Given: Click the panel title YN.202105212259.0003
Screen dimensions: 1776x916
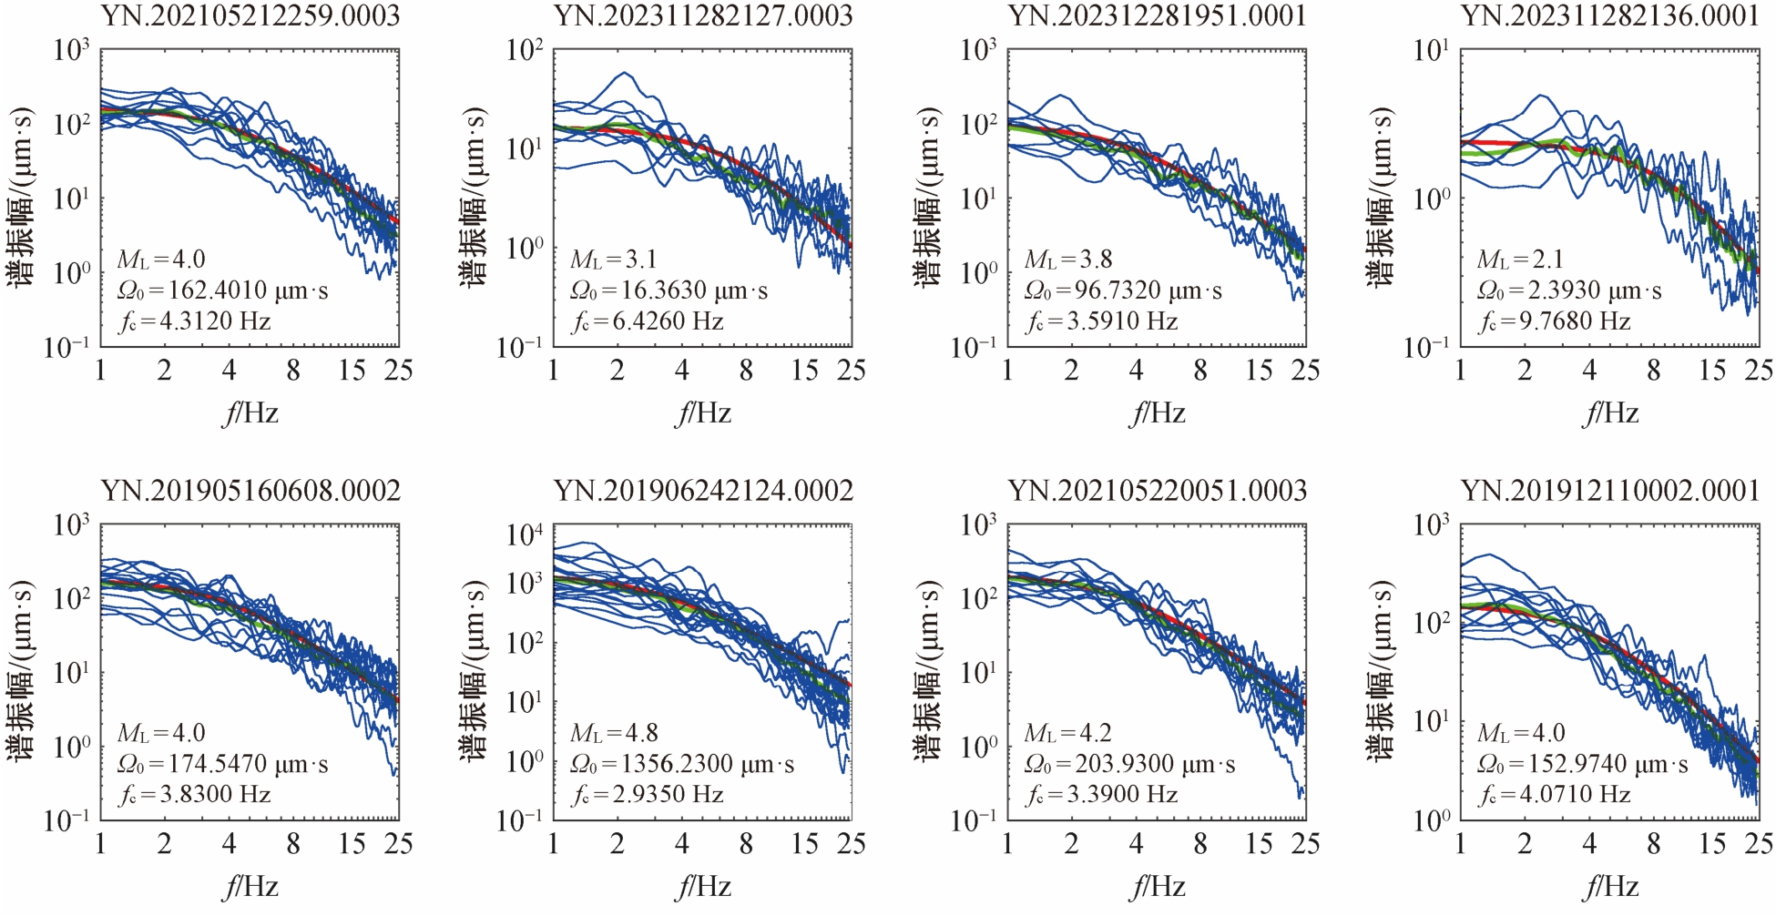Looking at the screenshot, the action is [x=250, y=15].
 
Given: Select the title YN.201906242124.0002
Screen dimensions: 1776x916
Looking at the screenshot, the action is [x=703, y=491].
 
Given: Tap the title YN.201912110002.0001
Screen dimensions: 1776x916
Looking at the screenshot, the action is [x=1610, y=491].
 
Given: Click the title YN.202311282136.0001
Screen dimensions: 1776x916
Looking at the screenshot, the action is [x=1610, y=15].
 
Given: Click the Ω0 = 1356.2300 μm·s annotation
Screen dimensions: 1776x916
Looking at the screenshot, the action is [x=682, y=764].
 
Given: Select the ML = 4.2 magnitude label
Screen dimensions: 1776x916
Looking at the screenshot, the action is [x=1068, y=733].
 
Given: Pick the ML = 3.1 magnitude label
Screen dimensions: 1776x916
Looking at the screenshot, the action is [x=614, y=260].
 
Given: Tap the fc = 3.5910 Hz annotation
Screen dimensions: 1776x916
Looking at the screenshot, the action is [x=1102, y=321].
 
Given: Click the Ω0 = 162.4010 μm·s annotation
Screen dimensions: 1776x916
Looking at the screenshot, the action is [x=222, y=290].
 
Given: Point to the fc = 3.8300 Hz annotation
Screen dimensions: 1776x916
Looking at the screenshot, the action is [x=195, y=795].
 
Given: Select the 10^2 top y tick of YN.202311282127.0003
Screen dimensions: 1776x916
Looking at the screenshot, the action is [x=526, y=50].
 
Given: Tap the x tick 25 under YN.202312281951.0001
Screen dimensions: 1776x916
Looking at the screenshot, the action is [x=1305, y=370].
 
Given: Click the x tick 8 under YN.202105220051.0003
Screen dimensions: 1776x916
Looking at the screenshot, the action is [x=1200, y=844].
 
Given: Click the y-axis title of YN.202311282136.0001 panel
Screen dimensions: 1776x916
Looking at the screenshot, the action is [x=1382, y=198].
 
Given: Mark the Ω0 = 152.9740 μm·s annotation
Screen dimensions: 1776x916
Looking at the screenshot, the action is [x=1583, y=764].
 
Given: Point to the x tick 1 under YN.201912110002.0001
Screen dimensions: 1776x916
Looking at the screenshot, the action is [x=1461, y=844].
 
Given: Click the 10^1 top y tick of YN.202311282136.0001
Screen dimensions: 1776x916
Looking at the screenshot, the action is [x=1433, y=50].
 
